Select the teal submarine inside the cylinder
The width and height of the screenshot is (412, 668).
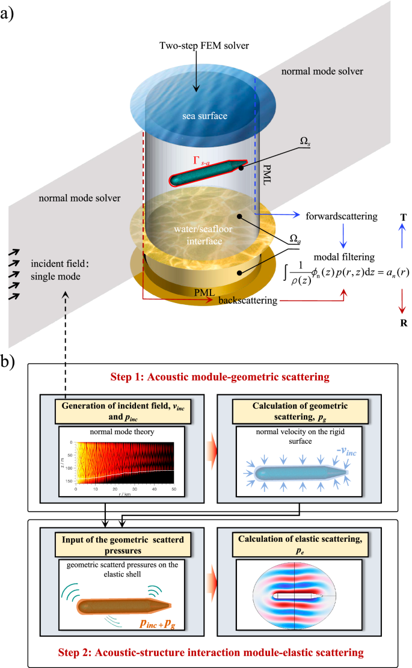(208, 172)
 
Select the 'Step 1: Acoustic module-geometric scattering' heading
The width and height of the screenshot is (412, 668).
(207, 377)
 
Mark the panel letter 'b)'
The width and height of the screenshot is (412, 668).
(14, 363)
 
